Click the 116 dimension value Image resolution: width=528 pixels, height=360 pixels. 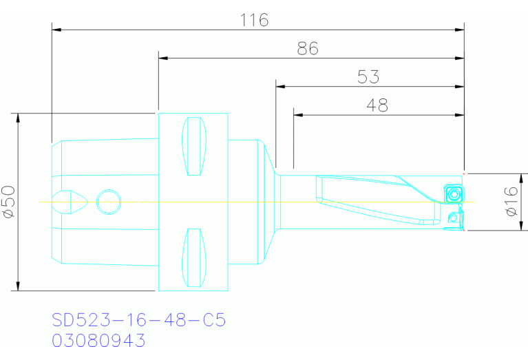[254, 20]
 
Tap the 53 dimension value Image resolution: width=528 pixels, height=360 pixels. [368, 77]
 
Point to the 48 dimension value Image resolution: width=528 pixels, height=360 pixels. [377, 105]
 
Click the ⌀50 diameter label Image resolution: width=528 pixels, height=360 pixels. [9, 202]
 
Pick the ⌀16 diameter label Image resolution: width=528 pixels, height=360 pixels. [511, 202]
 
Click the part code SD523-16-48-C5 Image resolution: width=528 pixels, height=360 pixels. [138, 320]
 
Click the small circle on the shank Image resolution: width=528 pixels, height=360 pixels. [107, 202]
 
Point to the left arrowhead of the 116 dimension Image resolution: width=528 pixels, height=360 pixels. [56, 30]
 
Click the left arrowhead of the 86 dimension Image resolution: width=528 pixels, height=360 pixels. [163, 59]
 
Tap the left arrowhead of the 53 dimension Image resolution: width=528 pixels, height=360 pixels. [280, 87]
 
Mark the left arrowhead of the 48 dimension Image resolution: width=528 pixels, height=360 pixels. [298, 115]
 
